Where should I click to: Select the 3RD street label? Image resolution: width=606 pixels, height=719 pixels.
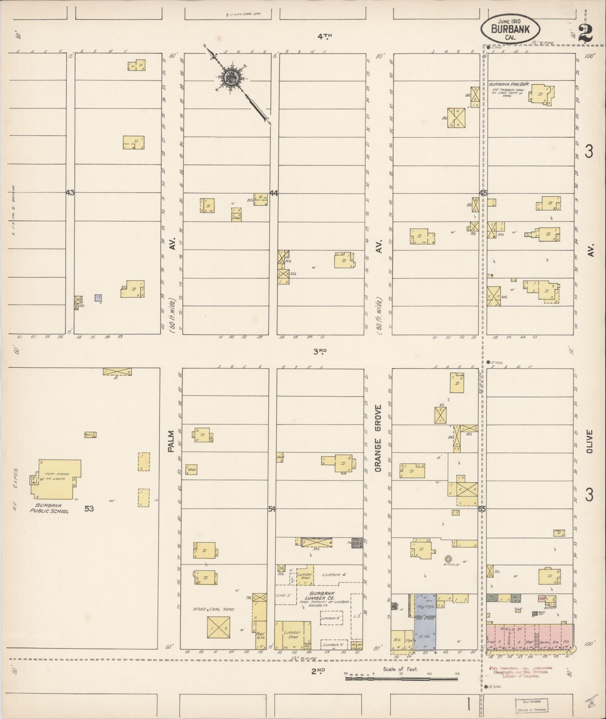tap(320, 351)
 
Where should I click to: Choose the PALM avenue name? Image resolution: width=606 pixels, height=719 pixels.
tap(171, 441)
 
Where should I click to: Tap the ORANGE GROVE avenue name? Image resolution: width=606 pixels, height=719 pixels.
tap(378, 438)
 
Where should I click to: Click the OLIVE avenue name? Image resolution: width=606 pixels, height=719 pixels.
tap(589, 441)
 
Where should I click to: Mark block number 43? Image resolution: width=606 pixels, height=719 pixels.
tap(70, 193)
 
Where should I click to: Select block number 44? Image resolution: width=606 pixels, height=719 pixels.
tap(274, 193)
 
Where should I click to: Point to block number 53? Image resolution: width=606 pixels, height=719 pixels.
tap(89, 509)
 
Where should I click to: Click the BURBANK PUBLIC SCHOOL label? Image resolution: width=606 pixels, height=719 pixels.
tap(50, 508)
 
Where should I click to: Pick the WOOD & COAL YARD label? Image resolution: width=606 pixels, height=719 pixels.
tap(214, 609)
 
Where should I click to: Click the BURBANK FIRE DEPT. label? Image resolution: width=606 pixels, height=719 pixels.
tap(509, 85)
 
